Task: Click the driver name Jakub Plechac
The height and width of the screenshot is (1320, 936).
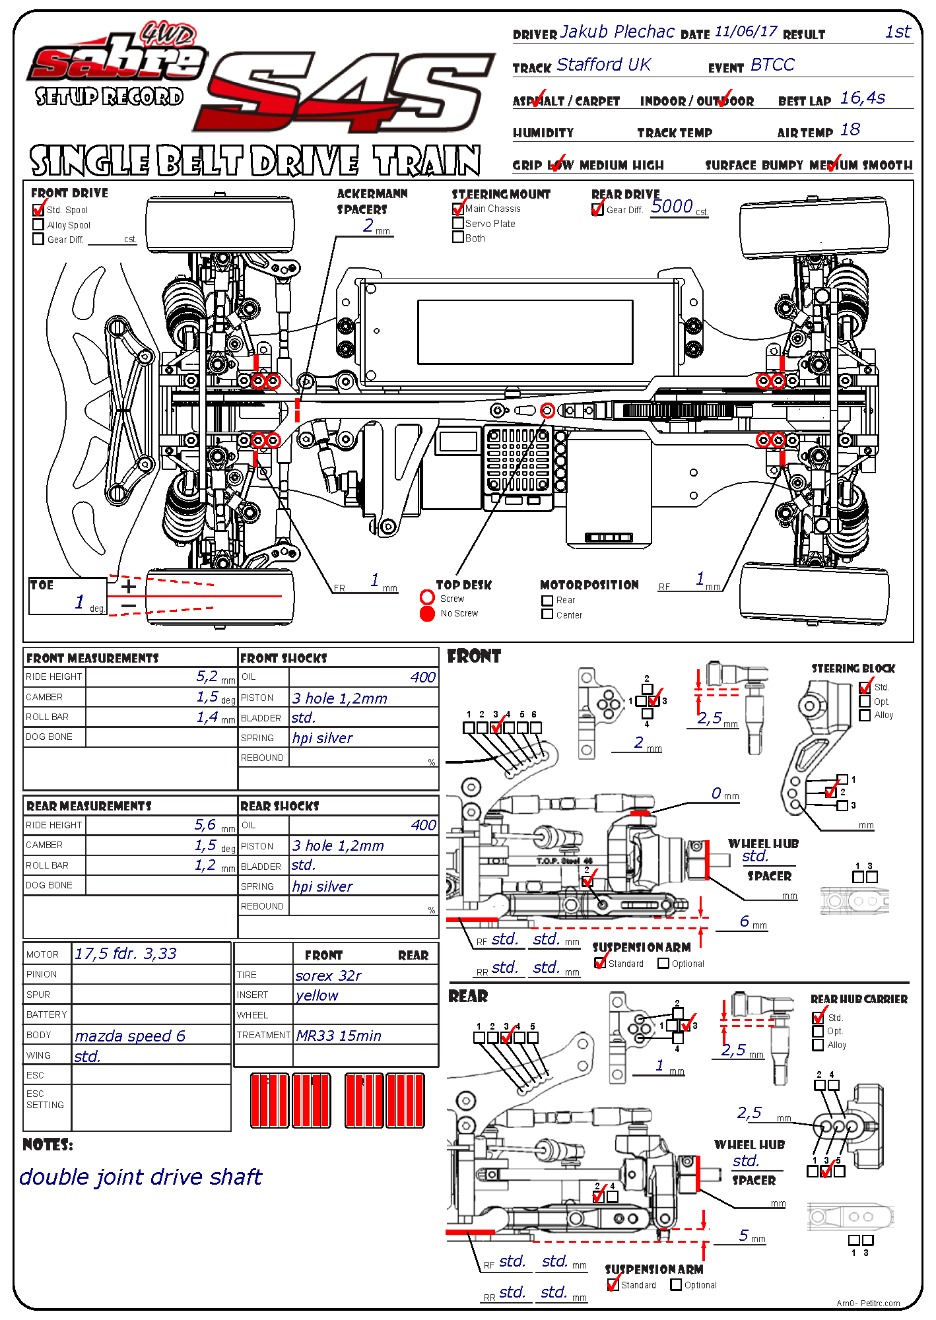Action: coord(617,32)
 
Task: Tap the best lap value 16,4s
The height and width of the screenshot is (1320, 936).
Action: coord(862,98)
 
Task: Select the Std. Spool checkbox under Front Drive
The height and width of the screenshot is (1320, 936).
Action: coord(38,211)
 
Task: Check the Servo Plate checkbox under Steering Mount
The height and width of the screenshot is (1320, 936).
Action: coord(458,224)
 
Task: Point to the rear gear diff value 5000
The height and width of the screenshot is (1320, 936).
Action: coord(671,207)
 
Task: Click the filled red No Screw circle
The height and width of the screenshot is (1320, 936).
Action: coord(427,614)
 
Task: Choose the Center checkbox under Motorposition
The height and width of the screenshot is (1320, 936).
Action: coord(547,614)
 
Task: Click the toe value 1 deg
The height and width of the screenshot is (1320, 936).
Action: coord(80,602)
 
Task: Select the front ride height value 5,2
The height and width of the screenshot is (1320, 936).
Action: coord(207,676)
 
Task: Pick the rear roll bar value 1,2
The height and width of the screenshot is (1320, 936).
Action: coord(205,865)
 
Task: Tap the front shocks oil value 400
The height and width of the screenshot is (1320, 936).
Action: coord(422,677)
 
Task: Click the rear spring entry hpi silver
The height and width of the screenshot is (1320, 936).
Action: coord(322,886)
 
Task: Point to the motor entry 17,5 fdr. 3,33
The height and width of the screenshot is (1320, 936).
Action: coord(125,954)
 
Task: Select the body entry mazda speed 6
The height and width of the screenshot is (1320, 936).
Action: coord(129,1036)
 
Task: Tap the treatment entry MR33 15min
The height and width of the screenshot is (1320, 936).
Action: coord(339,1036)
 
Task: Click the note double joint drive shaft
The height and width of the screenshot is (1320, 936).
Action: coord(141,1177)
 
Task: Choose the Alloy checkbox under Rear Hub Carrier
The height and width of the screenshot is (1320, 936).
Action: coord(819,1045)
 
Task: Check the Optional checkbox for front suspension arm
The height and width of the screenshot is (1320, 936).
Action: coord(663,964)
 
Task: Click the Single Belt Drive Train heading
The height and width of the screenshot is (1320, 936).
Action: coord(255,161)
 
